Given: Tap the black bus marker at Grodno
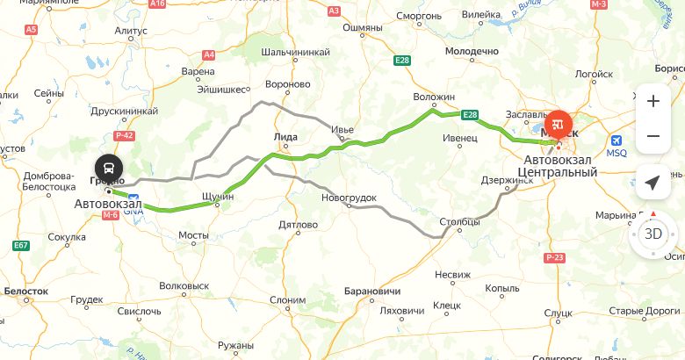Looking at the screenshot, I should click(108, 167).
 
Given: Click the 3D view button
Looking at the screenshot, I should click(653, 234).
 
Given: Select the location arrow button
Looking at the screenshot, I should click(653, 183).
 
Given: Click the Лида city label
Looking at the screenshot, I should click(285, 137).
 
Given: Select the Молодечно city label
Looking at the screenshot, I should click(472, 52).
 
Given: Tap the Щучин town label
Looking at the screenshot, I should click(218, 197).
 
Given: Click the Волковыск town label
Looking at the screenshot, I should click(184, 285).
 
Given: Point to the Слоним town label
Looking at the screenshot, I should click(287, 299).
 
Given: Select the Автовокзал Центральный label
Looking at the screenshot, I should click(559, 167).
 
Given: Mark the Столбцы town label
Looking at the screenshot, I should click(459, 222).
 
